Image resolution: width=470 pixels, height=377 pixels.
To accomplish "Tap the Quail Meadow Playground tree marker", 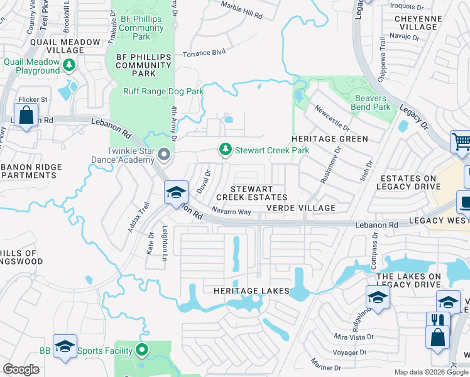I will click(x=68, y=64).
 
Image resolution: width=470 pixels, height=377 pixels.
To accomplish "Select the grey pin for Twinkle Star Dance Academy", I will click(x=164, y=154).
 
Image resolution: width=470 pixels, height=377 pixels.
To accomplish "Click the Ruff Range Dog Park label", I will click(x=163, y=91).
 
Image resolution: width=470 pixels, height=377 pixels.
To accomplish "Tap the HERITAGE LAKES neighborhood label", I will click(x=251, y=291).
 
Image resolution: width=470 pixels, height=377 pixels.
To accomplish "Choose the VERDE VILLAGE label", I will click(x=300, y=208).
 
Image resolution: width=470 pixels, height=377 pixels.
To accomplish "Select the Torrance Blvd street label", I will click(x=204, y=54).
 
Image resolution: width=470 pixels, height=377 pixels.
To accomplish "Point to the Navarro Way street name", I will click(x=231, y=212).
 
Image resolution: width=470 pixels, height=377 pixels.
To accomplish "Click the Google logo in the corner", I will click(x=21, y=369).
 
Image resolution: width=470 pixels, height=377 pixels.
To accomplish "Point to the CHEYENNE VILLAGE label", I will click(x=416, y=23).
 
